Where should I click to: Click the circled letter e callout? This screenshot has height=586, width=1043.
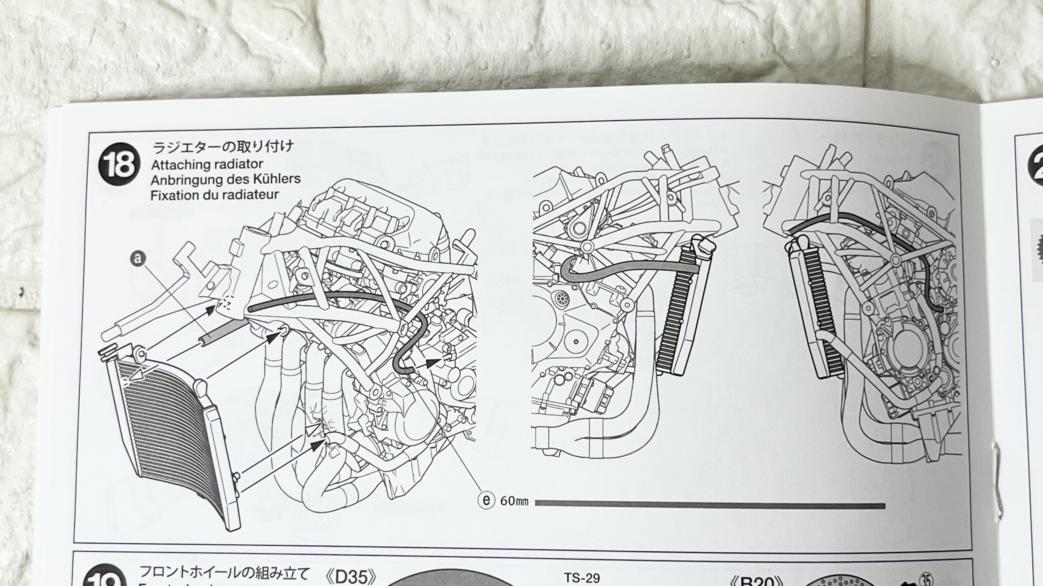pos(486,500)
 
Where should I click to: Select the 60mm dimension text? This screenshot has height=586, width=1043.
pos(514,501)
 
